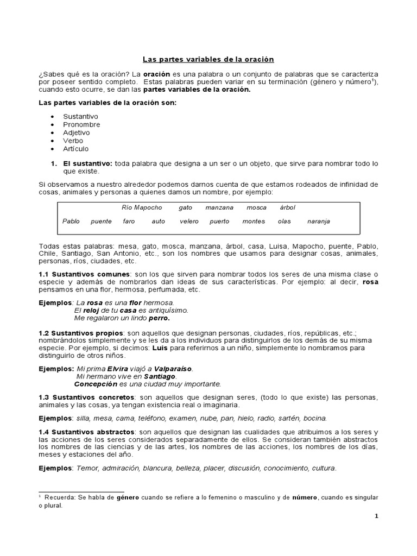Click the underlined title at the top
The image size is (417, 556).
(x=208, y=59)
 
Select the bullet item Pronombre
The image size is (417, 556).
(x=81, y=124)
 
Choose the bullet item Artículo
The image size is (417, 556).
(x=76, y=149)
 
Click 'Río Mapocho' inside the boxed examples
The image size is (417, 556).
(x=142, y=208)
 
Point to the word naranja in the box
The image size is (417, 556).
(x=318, y=222)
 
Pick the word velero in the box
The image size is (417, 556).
(x=189, y=222)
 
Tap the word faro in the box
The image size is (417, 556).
(x=129, y=222)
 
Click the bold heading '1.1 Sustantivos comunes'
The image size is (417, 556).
(x=84, y=274)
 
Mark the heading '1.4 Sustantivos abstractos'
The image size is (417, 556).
(x=87, y=432)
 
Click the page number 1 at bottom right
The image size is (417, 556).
(x=376, y=516)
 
